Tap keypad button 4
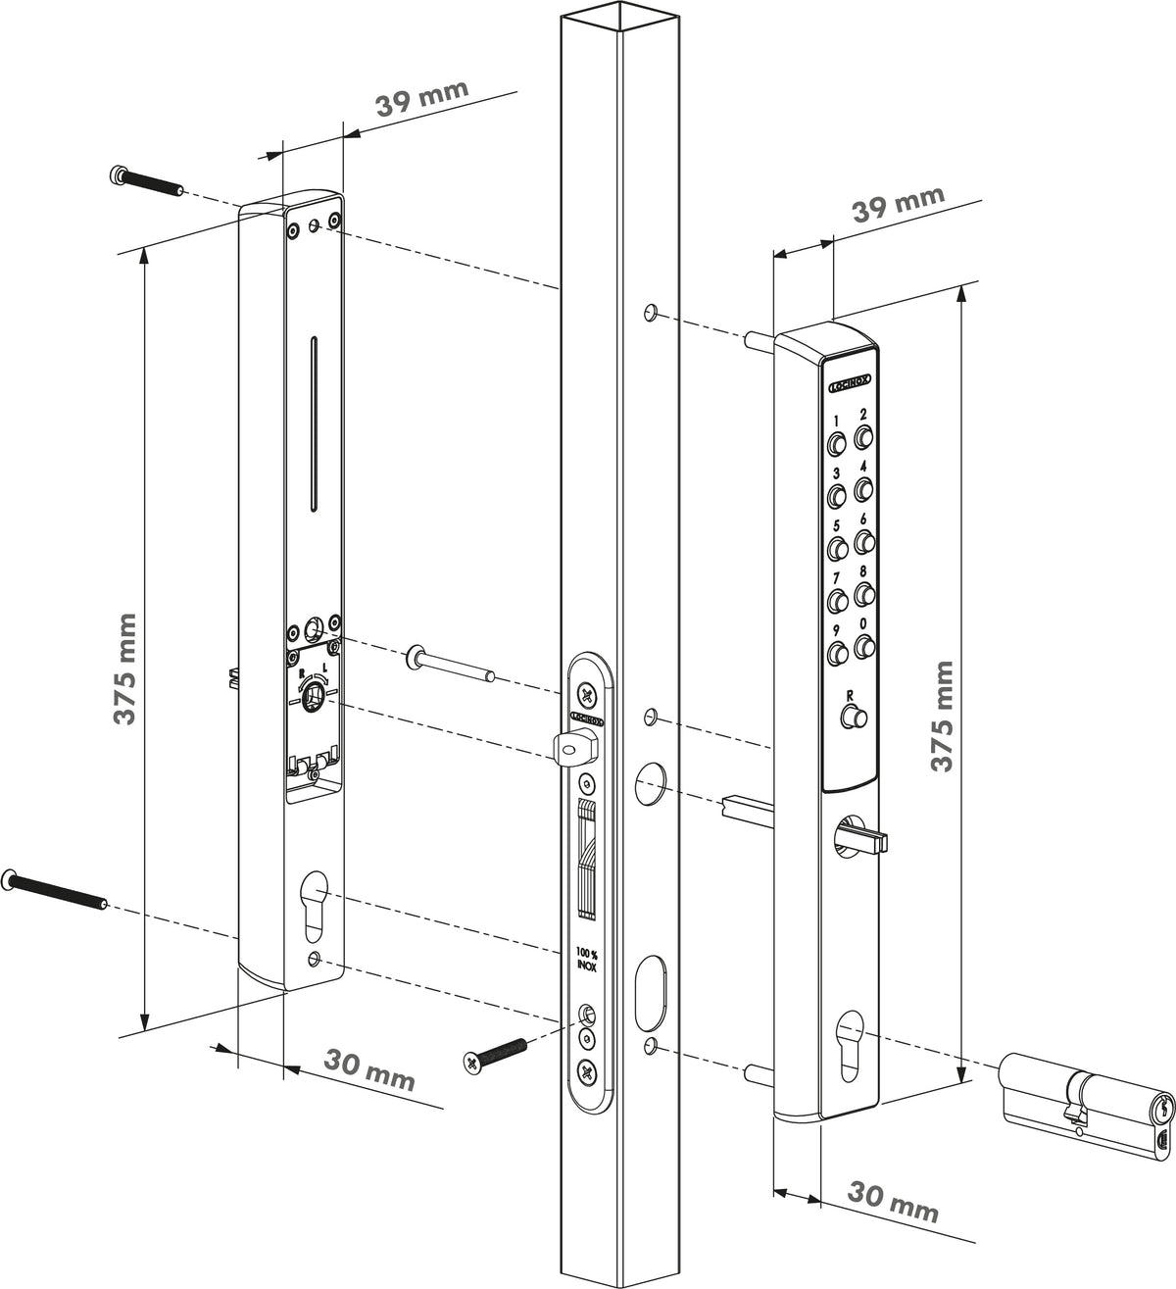(863, 490)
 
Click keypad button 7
(837, 600)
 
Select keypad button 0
(864, 645)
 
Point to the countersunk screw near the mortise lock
(494, 1055)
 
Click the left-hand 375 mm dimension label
(124, 669)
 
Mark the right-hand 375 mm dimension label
(942, 715)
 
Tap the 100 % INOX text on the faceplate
(586, 960)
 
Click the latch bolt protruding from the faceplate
(574, 746)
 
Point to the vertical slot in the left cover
(314, 423)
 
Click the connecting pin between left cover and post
(450, 665)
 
